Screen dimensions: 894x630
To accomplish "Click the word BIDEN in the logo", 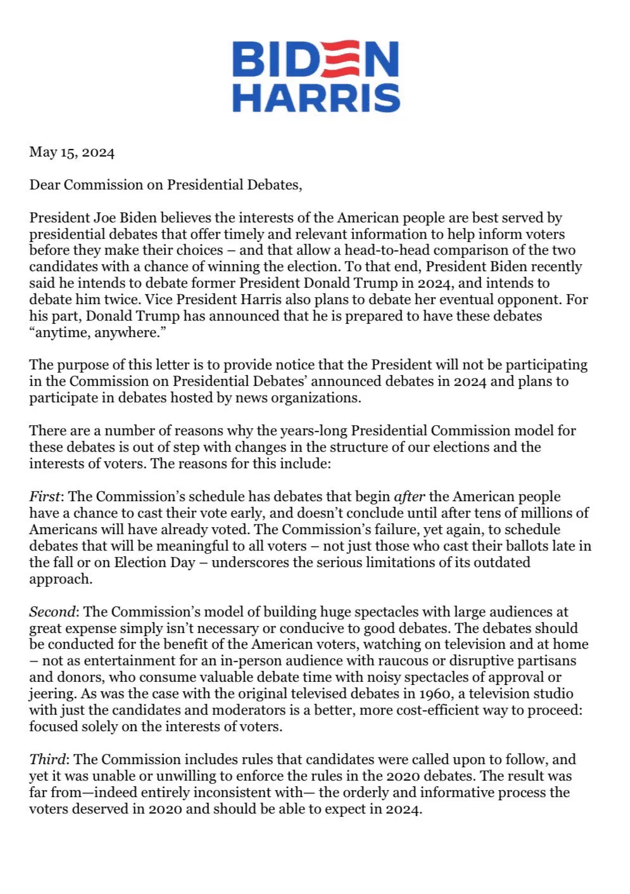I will tap(315, 60).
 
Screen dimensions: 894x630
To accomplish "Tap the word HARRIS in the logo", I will tap(316, 98).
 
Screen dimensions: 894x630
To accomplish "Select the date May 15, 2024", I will tap(72, 152).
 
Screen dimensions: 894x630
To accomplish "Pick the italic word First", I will tap(45, 497).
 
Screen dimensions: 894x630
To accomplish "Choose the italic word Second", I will tap(53, 612).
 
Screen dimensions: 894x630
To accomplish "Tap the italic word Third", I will tap(47, 760).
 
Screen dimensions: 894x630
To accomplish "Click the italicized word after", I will tap(409, 497).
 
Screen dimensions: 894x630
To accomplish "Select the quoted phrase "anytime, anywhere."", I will tap(93, 333).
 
